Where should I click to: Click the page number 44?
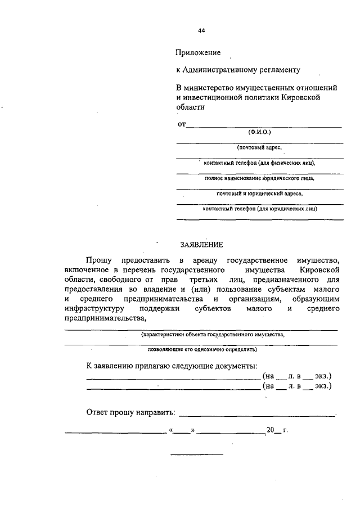point(201,30)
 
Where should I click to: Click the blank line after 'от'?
point(264,127)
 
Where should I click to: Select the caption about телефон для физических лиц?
point(259,163)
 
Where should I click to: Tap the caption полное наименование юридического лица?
point(259,178)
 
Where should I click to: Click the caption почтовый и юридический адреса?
point(259,193)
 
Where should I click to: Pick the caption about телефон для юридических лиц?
point(259,209)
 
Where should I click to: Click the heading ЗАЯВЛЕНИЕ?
point(201,245)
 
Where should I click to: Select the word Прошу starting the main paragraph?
point(99,260)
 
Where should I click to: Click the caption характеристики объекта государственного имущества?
point(213,334)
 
